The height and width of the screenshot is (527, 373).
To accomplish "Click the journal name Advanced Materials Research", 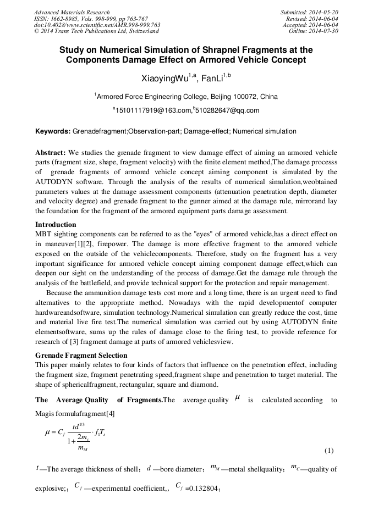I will (72, 12).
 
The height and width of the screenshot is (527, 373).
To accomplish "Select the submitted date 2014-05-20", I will (324, 12).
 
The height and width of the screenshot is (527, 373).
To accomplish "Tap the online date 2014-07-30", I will (324, 31).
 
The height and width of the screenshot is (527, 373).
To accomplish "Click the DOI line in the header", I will (97, 25).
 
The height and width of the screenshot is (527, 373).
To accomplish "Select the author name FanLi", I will (213, 79).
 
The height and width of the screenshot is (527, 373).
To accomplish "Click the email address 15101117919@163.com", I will (153, 110).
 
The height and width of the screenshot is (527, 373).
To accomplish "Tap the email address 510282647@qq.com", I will (228, 110).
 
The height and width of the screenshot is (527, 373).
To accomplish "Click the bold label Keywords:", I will (53, 132).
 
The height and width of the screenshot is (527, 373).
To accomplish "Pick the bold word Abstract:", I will (51, 152).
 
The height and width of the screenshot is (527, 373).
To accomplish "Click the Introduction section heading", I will (56, 225).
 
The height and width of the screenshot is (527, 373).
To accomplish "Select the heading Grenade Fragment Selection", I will (81, 356).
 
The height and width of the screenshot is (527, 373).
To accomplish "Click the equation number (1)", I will (328, 451).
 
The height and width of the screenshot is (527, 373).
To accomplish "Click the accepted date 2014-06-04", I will (324, 25).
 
